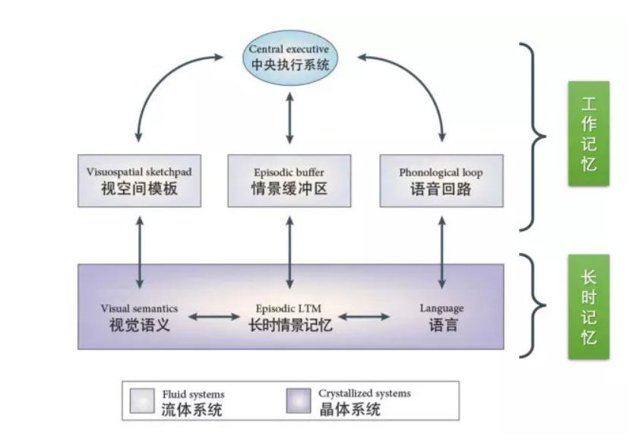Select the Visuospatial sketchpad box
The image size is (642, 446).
pos(139,181)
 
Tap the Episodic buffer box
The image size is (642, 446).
pos(289,181)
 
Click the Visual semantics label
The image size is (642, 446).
pos(139,318)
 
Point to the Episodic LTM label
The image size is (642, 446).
pos(290,318)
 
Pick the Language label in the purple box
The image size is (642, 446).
pos(441,318)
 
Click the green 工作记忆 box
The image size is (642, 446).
pos(588,133)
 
